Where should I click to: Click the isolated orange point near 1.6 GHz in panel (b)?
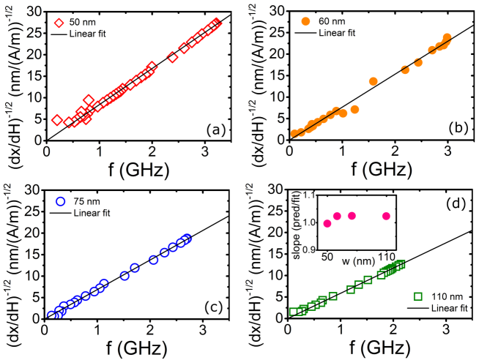point(374,81)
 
